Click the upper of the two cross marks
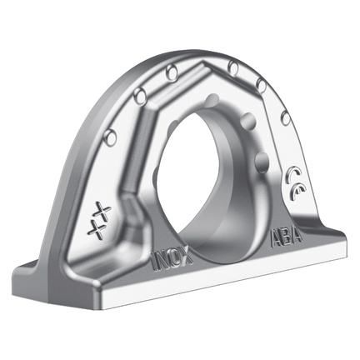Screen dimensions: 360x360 tap(102, 207)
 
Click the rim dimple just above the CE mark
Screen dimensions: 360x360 tap(287, 119)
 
